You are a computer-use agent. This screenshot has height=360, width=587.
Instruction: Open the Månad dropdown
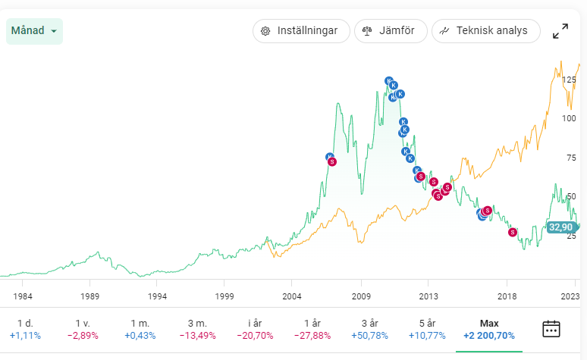click(x=34, y=31)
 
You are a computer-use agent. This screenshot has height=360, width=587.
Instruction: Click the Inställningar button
click(x=300, y=31)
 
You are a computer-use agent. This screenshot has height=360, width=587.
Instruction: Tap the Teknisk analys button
click(x=485, y=31)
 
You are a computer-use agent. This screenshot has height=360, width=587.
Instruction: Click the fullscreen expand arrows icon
click(x=560, y=31)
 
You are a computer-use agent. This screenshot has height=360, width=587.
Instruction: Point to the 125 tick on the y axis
click(x=569, y=80)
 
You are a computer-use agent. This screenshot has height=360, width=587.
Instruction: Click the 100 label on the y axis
click(x=569, y=118)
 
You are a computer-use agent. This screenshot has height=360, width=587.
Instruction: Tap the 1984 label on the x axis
click(x=23, y=296)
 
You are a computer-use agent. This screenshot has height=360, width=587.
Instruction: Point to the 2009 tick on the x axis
click(x=360, y=296)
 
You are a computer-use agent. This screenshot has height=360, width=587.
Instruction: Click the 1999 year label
click(x=224, y=296)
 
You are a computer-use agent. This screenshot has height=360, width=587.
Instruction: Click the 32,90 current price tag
click(x=561, y=227)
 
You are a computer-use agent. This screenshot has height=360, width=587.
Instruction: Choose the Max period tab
click(x=489, y=329)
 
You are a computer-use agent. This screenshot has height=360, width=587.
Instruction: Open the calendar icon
click(x=551, y=328)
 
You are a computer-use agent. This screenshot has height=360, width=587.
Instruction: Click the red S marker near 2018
click(x=513, y=232)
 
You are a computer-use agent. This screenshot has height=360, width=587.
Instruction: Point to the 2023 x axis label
click(x=570, y=296)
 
